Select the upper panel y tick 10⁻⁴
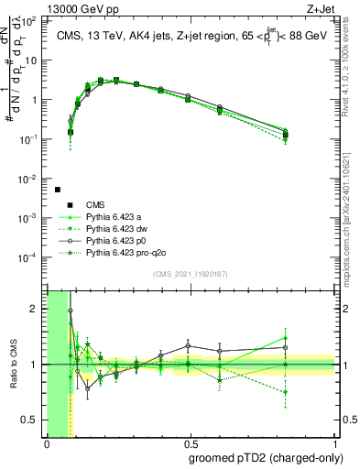[32, 257]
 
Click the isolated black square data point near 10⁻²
[58, 190]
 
